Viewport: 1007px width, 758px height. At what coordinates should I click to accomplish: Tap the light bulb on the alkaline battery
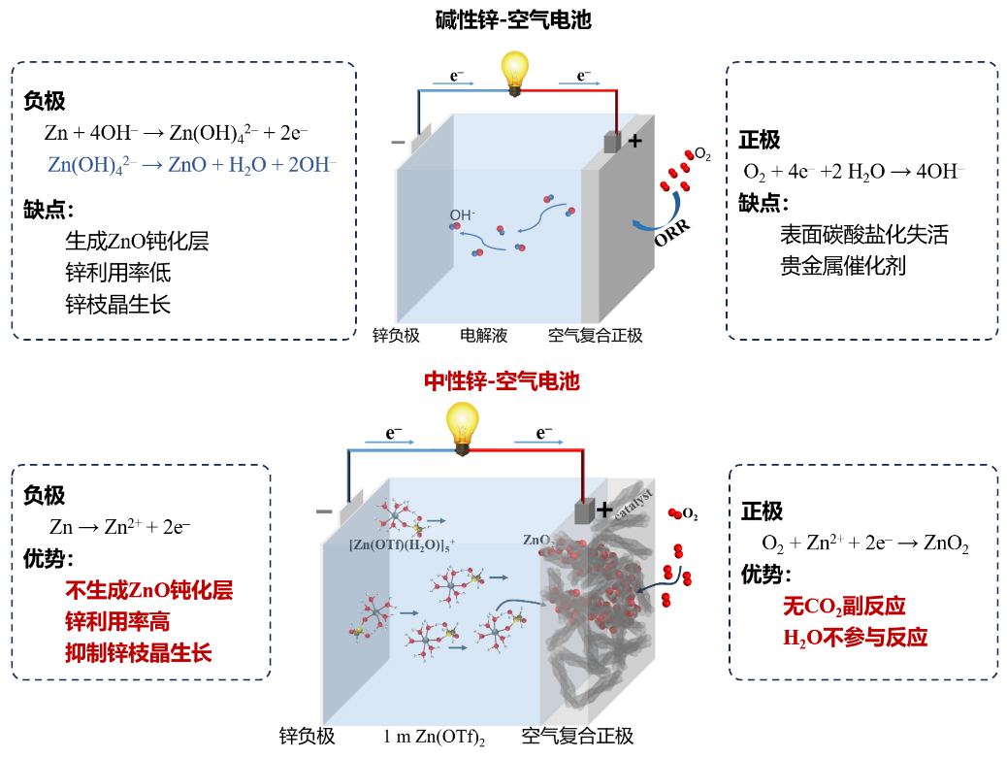tap(516, 71)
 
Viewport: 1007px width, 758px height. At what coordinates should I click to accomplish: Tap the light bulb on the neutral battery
tap(463, 427)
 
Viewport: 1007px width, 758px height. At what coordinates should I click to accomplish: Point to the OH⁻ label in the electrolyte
tap(462, 214)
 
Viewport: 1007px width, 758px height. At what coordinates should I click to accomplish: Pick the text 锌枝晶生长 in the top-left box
tap(117, 304)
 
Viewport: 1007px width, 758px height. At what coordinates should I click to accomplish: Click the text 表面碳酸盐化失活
tap(863, 234)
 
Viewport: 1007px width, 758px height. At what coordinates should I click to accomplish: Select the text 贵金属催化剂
tap(842, 266)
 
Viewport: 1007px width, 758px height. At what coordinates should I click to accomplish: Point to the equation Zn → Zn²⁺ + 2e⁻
tap(119, 527)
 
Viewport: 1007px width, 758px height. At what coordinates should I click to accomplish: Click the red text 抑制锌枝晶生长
tap(138, 652)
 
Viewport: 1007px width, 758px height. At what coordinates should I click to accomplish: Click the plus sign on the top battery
tap(635, 141)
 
